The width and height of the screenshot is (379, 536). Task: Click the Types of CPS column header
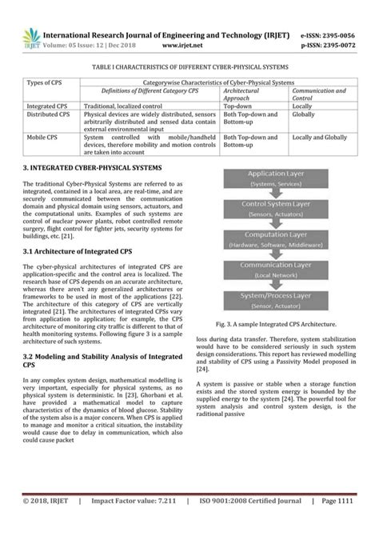46,82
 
